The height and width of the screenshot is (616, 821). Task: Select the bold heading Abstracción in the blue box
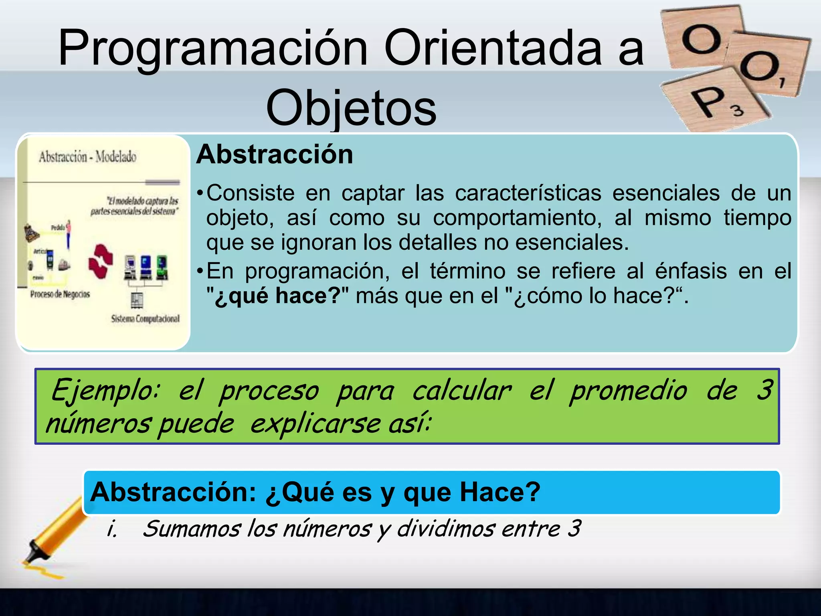(x=275, y=155)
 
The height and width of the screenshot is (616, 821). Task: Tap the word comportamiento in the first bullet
(x=517, y=219)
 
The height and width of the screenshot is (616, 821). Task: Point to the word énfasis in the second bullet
(x=691, y=272)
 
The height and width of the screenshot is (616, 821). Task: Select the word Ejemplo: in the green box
(x=105, y=391)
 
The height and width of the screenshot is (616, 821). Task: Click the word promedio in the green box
(x=628, y=391)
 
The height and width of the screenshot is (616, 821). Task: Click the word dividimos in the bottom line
(x=446, y=529)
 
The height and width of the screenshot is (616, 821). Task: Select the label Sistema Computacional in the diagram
(x=145, y=319)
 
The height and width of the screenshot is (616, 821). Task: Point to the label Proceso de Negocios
(x=60, y=294)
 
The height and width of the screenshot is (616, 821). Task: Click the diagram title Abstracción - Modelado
(x=87, y=157)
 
